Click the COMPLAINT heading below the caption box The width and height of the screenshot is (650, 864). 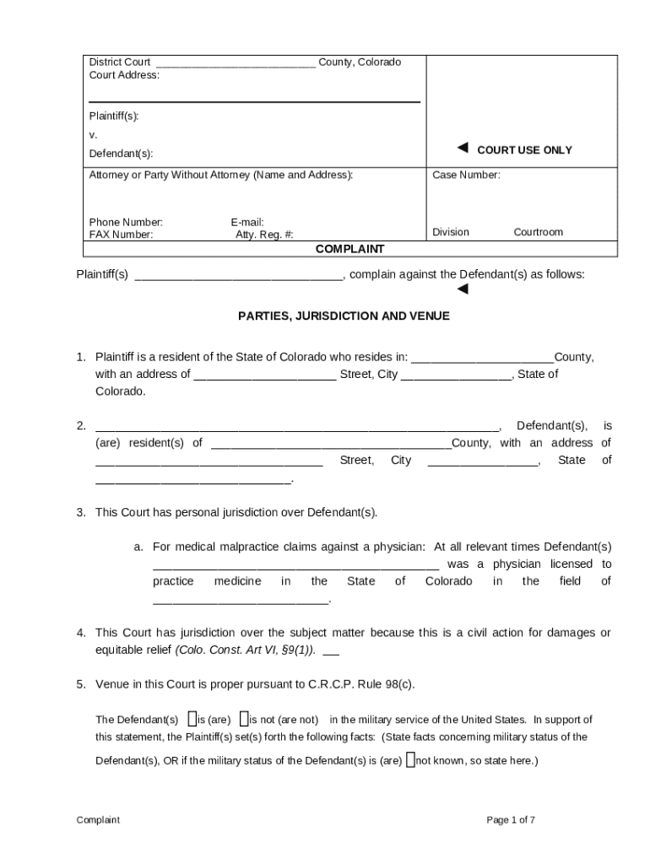coord(349,250)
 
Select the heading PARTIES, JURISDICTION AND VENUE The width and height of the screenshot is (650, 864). coord(344,316)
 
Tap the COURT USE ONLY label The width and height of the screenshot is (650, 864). coord(524,150)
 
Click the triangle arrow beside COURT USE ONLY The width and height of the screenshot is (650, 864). coord(463,148)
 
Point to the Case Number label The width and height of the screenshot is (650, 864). coord(466,175)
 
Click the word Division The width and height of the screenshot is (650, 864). coord(451,232)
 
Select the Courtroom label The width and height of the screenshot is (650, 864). coord(538,232)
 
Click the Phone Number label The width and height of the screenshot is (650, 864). coord(126,223)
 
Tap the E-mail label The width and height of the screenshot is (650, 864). coord(247,223)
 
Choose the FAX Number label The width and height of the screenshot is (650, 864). coord(122,235)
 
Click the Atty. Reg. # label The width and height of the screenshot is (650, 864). coord(264,235)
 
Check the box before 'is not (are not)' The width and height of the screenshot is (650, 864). coord(243,719)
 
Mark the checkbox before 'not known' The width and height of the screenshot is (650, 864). coord(410,759)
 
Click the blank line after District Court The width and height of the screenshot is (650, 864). coord(236,63)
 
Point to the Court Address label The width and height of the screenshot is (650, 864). coord(124,75)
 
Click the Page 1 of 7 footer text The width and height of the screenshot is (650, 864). coord(511,820)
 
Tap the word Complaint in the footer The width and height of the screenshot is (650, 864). coord(98,820)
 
